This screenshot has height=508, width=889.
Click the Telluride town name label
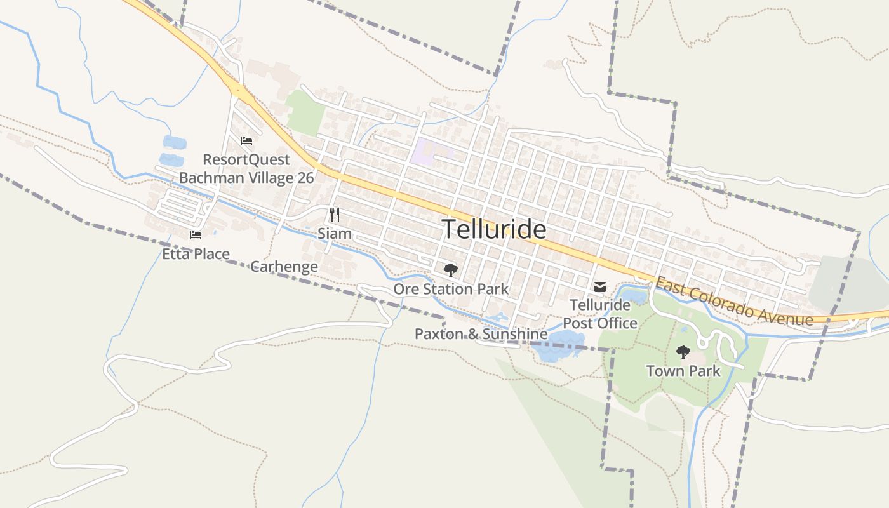[493, 229]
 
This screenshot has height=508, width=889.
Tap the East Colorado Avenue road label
[733, 302]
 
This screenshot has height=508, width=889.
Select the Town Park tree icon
[683, 352]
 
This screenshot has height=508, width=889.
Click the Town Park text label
[683, 371]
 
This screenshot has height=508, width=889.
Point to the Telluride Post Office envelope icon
[599, 287]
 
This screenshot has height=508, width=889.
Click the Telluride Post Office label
[600, 314]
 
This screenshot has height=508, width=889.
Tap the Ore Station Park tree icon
[450, 271]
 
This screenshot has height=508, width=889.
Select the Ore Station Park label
[451, 290]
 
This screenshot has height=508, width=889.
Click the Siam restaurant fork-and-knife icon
[335, 215]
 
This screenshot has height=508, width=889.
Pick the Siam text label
[335, 234]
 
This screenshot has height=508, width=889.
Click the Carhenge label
[284, 266]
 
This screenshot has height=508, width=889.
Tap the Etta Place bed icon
[196, 235]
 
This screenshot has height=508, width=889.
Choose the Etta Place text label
[196, 254]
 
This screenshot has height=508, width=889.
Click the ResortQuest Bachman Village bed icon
[246, 141]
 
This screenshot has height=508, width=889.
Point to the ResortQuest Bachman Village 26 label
[246, 168]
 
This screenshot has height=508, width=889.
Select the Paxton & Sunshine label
[481, 334]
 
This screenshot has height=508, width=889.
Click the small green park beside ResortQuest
[305, 112]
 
